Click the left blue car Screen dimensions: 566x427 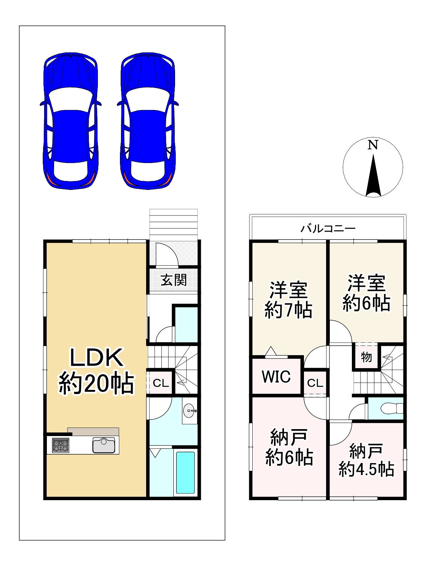coord(71,121)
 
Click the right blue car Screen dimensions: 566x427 coord(148,121)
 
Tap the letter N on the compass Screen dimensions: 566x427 coord(373,145)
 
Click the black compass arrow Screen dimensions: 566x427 coord(373,176)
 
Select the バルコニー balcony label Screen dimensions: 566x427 coord(328,229)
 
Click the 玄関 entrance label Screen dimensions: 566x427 coord(174,280)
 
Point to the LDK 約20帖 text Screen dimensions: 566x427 coord(96,371)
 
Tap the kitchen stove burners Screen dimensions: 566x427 coord(61,445)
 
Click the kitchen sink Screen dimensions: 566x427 coord(103,445)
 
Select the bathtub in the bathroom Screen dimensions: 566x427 coord(185,473)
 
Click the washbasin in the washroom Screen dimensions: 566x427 coord(189,411)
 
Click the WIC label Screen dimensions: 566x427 coord(276,376)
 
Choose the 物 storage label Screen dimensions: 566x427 coord(366,357)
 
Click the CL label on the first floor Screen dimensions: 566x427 coord(161,383)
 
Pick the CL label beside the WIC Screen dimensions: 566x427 coord(315,383)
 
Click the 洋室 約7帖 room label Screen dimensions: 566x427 coord(288,300)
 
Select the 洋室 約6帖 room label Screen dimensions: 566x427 coord(366,293)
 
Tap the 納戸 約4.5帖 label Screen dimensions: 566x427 coord(366,460)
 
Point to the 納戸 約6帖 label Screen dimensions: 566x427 coord(289,447)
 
